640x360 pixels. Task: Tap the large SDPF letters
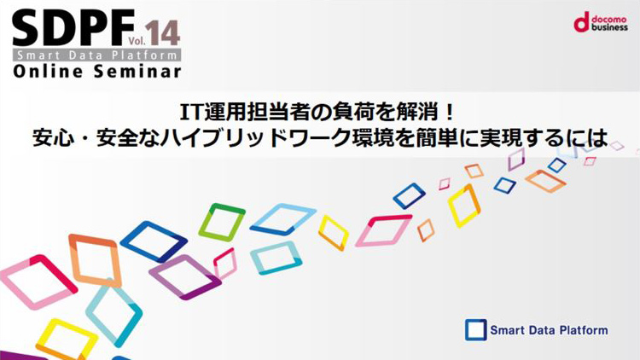point(73,28)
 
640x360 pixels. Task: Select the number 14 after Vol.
point(162,32)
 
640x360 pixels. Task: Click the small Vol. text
point(137,40)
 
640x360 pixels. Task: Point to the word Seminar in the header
point(137,72)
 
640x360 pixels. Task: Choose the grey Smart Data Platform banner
point(96,55)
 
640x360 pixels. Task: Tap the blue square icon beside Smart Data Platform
point(475,330)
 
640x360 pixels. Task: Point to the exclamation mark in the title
point(450,113)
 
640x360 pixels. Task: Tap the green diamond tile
point(221,222)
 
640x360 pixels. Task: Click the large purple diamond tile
point(186,277)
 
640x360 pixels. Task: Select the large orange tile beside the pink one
point(95,260)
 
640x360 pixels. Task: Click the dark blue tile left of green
point(154,241)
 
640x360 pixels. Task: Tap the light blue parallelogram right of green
point(282,218)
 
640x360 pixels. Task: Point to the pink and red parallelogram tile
point(384,230)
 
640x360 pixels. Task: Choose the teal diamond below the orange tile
point(113,313)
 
